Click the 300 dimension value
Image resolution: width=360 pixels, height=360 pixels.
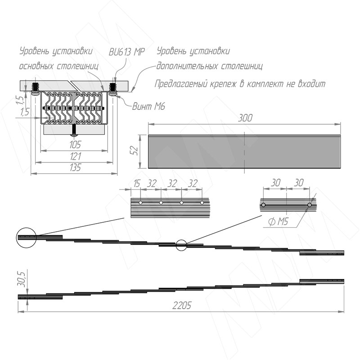coord(245,118)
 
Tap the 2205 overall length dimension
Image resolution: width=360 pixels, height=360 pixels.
coord(182,306)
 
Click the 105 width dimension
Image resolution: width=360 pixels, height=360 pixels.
coord(75,144)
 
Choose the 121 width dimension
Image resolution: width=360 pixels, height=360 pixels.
coord(75,156)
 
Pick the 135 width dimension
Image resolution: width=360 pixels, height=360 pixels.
coord(75,167)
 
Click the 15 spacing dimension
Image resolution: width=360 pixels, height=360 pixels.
coord(137,184)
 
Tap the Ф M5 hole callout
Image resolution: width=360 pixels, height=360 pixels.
coord(278,221)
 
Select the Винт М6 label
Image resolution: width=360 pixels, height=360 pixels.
coord(148,106)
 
